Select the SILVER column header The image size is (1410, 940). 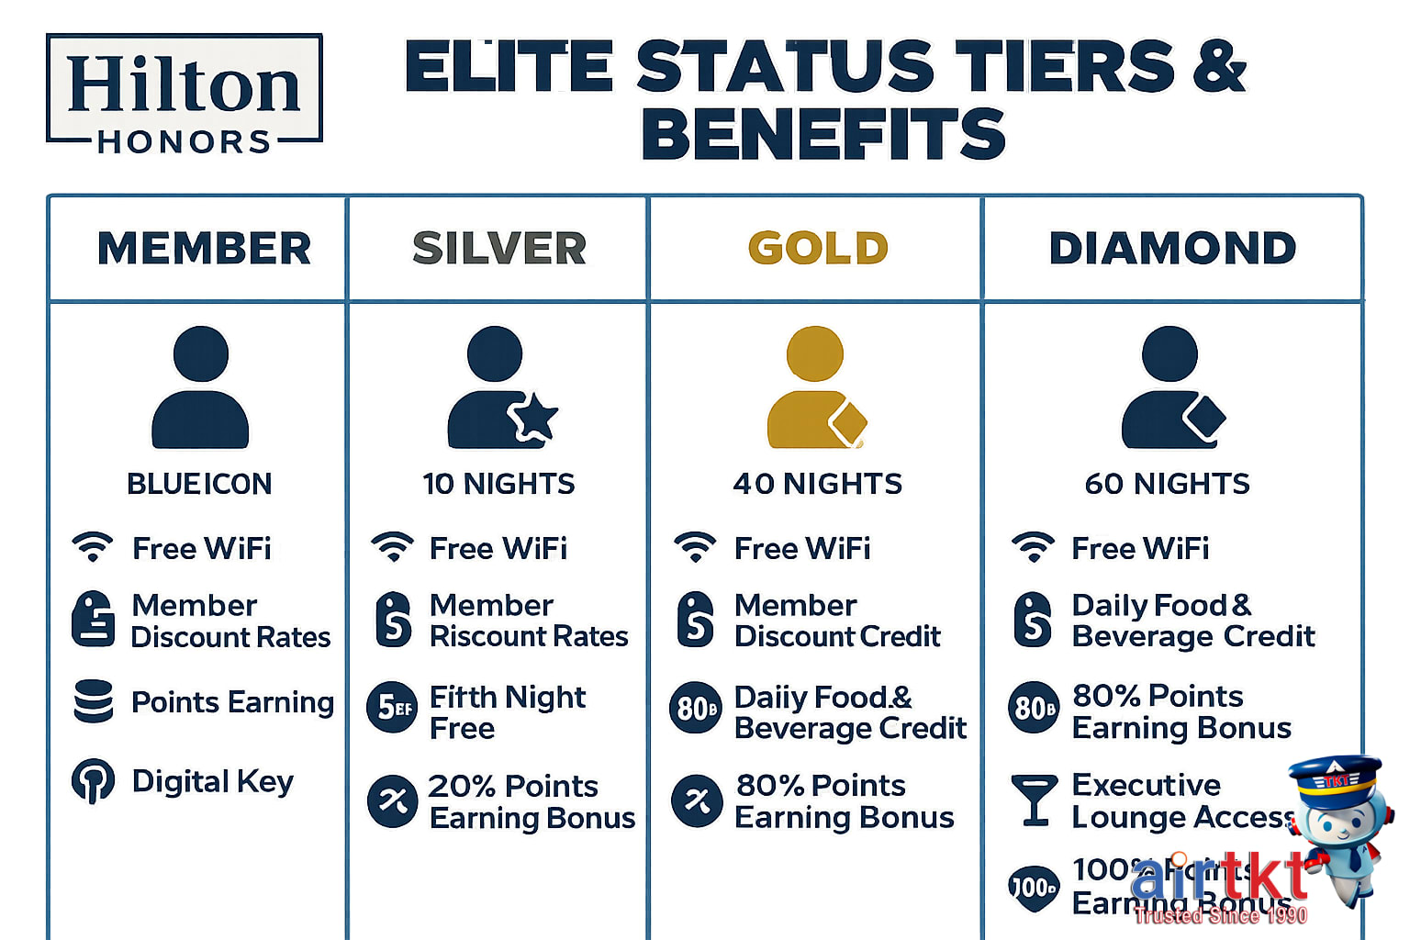[498, 248]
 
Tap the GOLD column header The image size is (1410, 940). [818, 248]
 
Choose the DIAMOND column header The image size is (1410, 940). [1172, 248]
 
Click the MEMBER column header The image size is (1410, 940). [204, 248]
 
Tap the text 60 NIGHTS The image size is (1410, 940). [1167, 484]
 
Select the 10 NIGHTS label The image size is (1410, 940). [498, 484]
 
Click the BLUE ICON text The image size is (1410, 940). [199, 484]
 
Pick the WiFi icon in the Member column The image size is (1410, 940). [93, 547]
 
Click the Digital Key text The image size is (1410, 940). [212, 781]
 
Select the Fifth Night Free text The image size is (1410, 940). [507, 712]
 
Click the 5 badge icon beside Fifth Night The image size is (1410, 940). [392, 708]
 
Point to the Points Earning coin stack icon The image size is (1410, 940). [93, 701]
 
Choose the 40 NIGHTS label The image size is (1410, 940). [817, 484]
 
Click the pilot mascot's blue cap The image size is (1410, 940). [1335, 777]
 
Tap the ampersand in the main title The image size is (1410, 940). [1220, 66]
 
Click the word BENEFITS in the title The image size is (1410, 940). [823, 134]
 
